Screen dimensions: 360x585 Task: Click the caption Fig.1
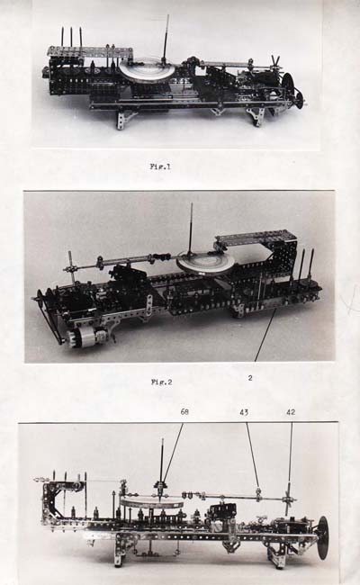[x=160, y=166]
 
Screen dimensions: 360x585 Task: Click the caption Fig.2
[x=161, y=382]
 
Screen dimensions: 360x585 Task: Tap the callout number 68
[x=184, y=412]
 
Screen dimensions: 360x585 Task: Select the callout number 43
[x=245, y=412]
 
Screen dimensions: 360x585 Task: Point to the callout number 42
[x=291, y=412]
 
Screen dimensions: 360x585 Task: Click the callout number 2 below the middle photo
[x=250, y=378]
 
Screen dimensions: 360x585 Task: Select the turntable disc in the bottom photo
[x=152, y=502]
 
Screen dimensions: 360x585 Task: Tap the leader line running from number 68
[x=172, y=454]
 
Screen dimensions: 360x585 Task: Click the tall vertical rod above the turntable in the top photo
[x=166, y=38]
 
